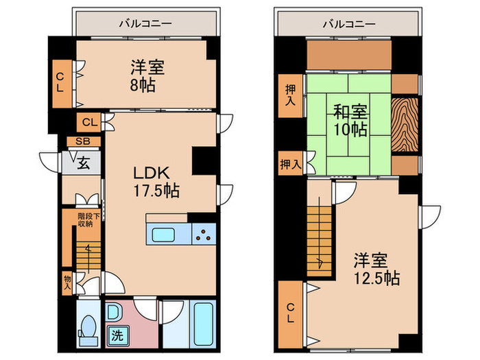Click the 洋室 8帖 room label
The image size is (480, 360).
145,76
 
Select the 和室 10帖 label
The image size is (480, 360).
350,120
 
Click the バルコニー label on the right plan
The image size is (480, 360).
350,23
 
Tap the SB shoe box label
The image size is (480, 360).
82,141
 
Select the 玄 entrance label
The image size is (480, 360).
82,163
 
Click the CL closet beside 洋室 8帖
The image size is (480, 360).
60,82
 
